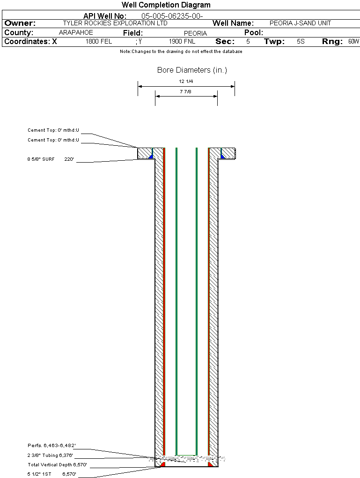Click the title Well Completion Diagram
pos(166,5)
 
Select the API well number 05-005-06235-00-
pos(172,16)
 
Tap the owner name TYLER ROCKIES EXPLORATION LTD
pos(115,23)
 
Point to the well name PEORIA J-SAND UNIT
pos(300,23)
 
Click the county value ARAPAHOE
pos(76,33)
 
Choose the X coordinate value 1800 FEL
pos(99,41)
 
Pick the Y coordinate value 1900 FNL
pos(182,41)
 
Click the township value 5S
pos(301,41)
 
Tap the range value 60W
pos(353,41)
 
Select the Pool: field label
pos(254,33)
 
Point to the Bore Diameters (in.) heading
pos(192,70)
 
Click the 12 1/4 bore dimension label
pos(186,82)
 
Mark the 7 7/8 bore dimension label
pos(185,91)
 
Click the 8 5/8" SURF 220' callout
pos(51,159)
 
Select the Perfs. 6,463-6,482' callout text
pos(51,445)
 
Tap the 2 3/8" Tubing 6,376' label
pos(50,456)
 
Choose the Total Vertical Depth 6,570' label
pos(57,465)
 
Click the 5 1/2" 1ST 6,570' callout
pos(51,474)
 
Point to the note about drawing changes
pos(181,52)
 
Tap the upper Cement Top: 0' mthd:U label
pos(53,130)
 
